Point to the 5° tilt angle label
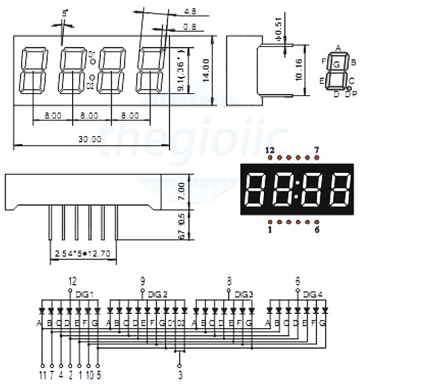pyautogui.click(x=65, y=13)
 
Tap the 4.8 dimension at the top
pyautogui.click(x=190, y=12)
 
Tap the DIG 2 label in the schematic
pyautogui.click(x=157, y=294)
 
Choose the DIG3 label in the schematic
pyautogui.click(x=244, y=294)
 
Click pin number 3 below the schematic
pyautogui.click(x=180, y=374)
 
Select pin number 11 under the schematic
pyautogui.click(x=41, y=374)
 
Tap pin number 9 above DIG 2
pyautogui.click(x=142, y=281)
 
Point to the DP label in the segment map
pyautogui.click(x=350, y=94)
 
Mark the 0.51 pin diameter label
pyautogui.click(x=279, y=32)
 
